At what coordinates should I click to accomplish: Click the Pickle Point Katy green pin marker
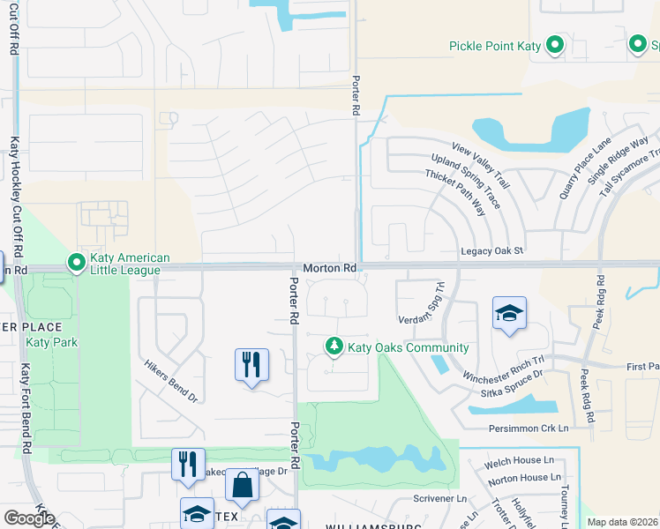click(555, 45)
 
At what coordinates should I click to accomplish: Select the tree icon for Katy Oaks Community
click(334, 347)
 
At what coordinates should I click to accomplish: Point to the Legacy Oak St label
click(492, 251)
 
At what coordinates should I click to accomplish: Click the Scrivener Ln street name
click(439, 499)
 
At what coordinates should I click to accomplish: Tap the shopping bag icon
click(241, 486)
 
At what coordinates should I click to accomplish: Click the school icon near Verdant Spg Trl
click(510, 315)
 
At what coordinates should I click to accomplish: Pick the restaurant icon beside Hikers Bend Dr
click(251, 364)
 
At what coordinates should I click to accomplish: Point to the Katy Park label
click(52, 342)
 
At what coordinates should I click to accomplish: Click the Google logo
click(29, 518)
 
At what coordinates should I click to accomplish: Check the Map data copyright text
click(622, 522)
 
